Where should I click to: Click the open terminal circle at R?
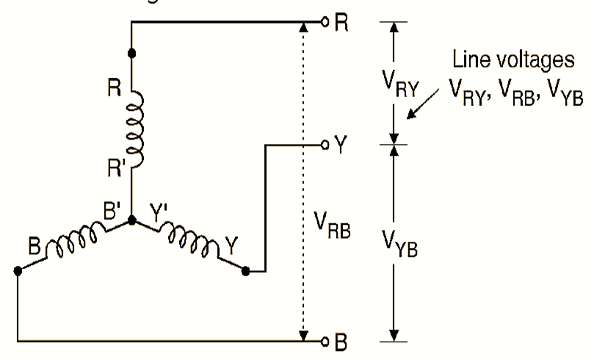tap(325, 22)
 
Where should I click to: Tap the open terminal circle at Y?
tap(325, 145)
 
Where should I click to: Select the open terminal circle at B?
tap(325, 341)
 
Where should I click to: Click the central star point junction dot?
tap(132, 220)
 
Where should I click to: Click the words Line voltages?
tap(512, 60)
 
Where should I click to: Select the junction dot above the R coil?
tap(132, 54)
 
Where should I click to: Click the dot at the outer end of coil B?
tap(17, 271)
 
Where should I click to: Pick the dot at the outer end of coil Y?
tap(246, 271)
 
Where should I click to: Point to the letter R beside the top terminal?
tap(342, 22)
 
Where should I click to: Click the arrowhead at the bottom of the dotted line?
tap(303, 336)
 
